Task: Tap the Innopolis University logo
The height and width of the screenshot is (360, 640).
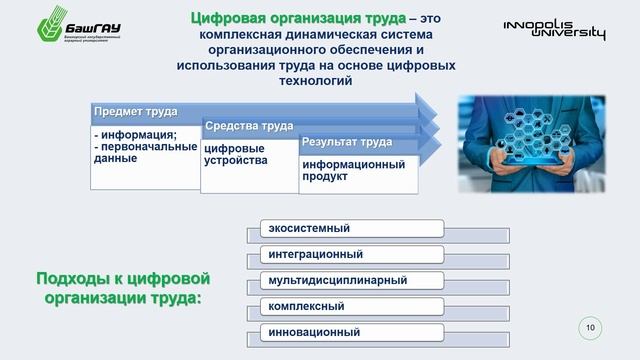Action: [554, 30]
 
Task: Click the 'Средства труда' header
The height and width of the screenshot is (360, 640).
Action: [249, 126]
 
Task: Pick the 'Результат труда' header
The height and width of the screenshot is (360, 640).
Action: [347, 142]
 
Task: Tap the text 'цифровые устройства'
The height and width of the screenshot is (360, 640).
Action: [236, 154]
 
